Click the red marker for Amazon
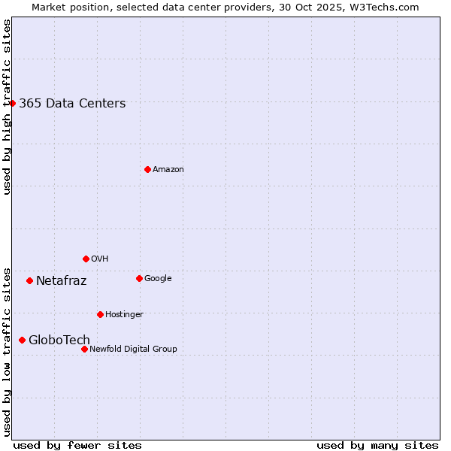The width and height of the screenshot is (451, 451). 147,169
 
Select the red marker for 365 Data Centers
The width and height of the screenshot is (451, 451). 13,103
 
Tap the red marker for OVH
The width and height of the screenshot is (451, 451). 86,259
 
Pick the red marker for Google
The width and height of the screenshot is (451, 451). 139,278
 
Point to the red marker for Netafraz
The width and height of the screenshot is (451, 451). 29,280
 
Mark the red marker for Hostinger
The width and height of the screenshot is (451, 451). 100,314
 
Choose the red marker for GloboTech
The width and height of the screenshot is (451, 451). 22,340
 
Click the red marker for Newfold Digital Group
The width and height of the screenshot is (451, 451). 84,349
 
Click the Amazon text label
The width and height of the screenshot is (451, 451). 168,170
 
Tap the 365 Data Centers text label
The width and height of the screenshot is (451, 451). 72,104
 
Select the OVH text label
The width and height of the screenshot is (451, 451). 100,259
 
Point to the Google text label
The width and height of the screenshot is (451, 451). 158,279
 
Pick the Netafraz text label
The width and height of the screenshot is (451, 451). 62,281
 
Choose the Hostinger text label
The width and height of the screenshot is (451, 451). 124,315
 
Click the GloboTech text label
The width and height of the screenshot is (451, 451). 59,341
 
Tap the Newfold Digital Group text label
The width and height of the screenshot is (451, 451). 133,350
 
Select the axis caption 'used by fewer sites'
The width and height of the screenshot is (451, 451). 77,445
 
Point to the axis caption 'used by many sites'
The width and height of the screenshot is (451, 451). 377,445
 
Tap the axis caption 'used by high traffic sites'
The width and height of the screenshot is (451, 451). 8,107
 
